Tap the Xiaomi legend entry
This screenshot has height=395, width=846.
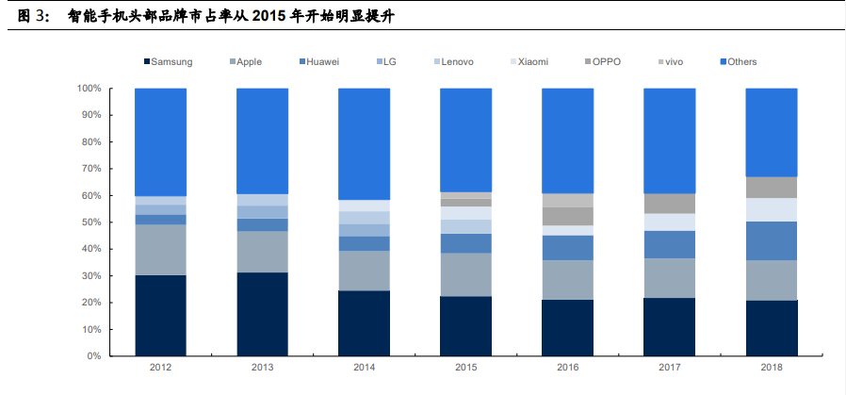[531, 62]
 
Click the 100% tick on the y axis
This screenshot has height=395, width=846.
[89, 89]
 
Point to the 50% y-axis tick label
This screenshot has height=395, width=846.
[91, 222]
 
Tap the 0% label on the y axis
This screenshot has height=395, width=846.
[94, 356]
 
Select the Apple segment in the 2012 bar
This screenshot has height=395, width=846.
[161, 250]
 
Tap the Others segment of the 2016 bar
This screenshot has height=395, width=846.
[567, 141]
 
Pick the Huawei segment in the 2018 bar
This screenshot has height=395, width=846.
[771, 240]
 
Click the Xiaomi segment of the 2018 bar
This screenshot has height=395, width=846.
[771, 209]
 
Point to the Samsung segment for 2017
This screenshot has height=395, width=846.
[669, 327]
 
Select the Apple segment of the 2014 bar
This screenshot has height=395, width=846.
[364, 271]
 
